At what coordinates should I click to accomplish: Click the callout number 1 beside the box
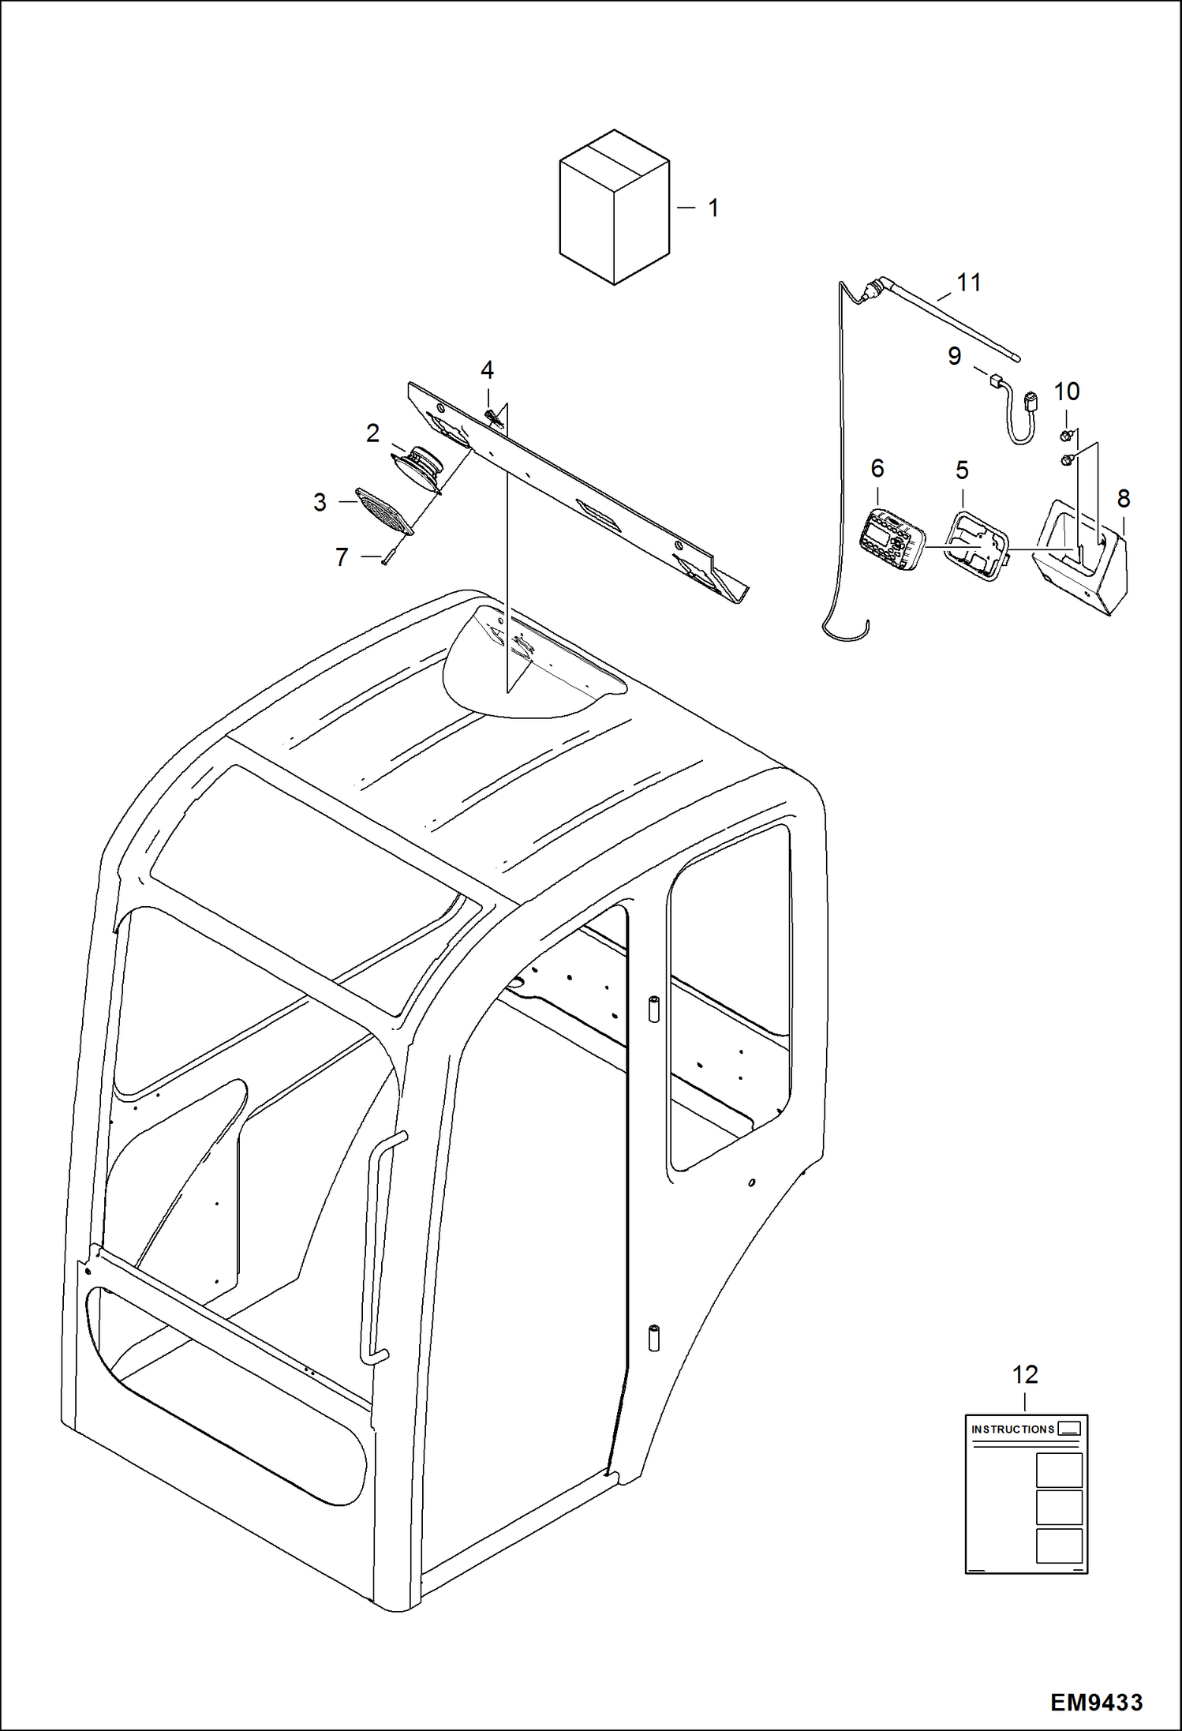click(x=713, y=208)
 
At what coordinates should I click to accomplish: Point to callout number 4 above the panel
click(x=488, y=370)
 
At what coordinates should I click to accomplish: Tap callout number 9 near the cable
click(x=955, y=356)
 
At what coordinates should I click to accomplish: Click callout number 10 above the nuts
click(x=1067, y=392)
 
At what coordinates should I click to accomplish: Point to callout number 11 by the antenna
click(x=969, y=283)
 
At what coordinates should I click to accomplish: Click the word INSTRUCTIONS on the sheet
click(x=1012, y=1429)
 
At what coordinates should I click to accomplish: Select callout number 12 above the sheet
click(x=1025, y=1375)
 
